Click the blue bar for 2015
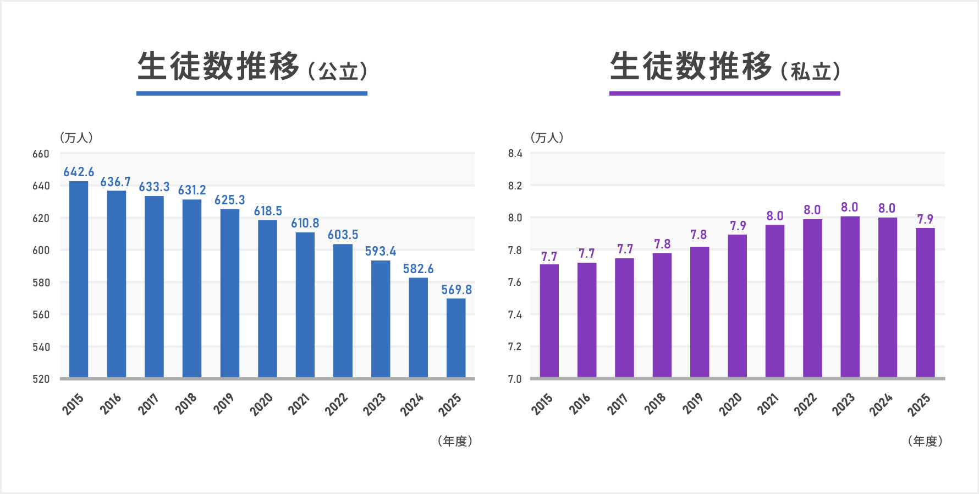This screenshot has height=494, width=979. coord(79,279)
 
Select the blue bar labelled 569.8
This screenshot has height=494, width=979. coord(456,338)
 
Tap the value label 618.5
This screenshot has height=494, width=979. coord(268,211)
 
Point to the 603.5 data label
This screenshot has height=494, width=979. coord(343,235)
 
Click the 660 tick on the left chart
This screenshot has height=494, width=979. coord(41,154)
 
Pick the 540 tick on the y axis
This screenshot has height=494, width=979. coord(41,347)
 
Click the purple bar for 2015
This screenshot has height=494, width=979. coord(549,321)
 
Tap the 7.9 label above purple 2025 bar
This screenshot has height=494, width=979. coord(925,219)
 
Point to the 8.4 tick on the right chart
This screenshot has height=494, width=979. coord(515,154)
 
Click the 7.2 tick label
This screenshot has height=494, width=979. coord(515,347)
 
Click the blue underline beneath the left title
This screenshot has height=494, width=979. coord(251,94)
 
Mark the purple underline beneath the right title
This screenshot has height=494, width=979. coord(724,94)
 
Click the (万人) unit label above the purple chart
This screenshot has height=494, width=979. coord(547,138)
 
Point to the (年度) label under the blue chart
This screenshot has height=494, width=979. coord(455,441)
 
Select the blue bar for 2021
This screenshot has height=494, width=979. coord(305,305)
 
